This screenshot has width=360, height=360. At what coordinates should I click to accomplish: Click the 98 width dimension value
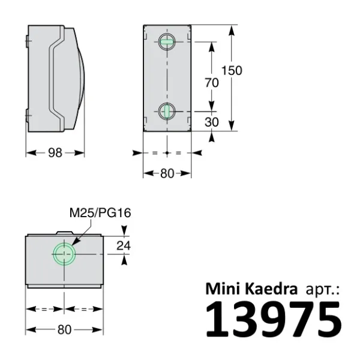pyautogui.click(x=55, y=153)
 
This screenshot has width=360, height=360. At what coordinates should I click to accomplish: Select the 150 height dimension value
pyautogui.click(x=231, y=71)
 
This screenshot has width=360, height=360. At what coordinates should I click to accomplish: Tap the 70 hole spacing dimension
pyautogui.click(x=211, y=83)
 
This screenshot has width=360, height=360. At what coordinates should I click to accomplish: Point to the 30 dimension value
pyautogui.click(x=211, y=122)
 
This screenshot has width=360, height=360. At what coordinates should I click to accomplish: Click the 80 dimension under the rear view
pyautogui.click(x=167, y=174)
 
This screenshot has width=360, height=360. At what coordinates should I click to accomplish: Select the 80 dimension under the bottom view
pyautogui.click(x=64, y=329)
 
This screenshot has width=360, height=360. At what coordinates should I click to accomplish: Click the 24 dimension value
pyautogui.click(x=124, y=245)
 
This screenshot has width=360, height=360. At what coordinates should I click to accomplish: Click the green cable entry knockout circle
pyautogui.click(x=64, y=254)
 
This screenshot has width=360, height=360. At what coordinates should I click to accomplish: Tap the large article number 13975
pyautogui.click(x=273, y=320)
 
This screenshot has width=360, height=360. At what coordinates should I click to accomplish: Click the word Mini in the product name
pyautogui.click(x=223, y=289)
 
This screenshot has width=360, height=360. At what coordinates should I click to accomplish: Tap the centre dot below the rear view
pyautogui.click(x=167, y=153)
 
